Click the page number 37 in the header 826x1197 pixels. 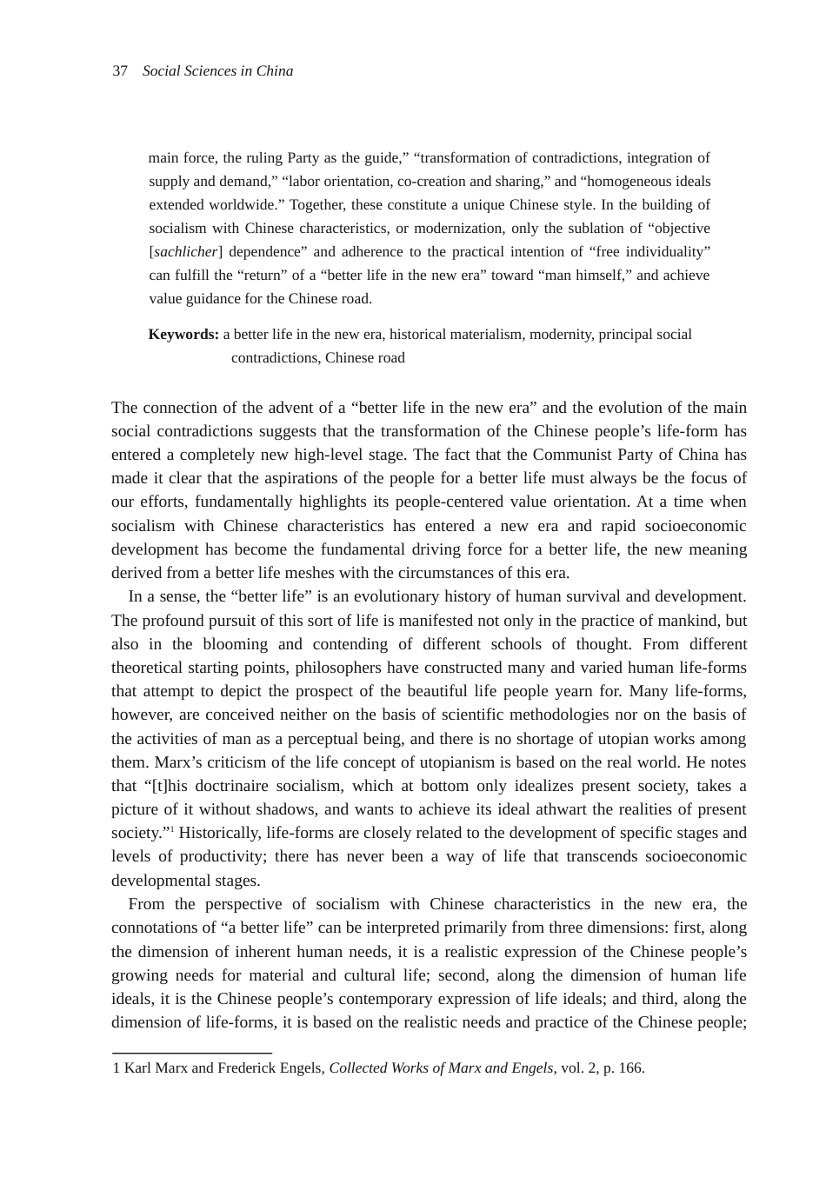pyautogui.click(x=120, y=71)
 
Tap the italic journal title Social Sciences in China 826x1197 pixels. pyautogui.click(x=217, y=71)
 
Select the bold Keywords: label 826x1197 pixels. pyautogui.click(x=183, y=335)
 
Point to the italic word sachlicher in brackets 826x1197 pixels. pyautogui.click(x=185, y=252)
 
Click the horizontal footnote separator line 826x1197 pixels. pyautogui.click(x=192, y=1053)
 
